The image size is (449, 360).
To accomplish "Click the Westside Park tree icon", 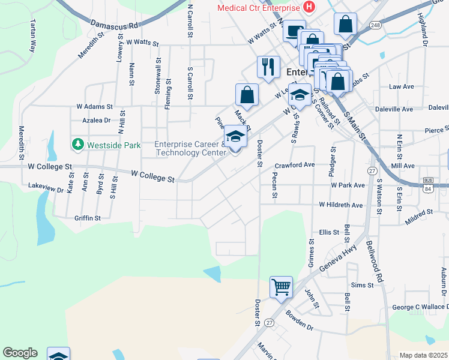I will (x=77, y=145).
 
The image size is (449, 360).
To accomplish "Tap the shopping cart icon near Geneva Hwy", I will (x=281, y=287).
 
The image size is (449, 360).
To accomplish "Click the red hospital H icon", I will (x=309, y=8).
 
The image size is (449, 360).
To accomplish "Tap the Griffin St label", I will (x=88, y=218).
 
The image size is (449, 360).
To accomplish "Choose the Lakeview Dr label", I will (x=46, y=188).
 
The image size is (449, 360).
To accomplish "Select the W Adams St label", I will (x=94, y=106).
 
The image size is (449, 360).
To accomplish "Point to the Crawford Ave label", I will (x=295, y=164).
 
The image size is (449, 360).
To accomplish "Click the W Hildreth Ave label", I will (x=341, y=205).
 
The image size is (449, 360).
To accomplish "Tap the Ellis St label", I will (x=330, y=232).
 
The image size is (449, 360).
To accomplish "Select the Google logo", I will (x=20, y=353).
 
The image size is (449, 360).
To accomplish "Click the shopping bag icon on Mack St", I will (x=247, y=94).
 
